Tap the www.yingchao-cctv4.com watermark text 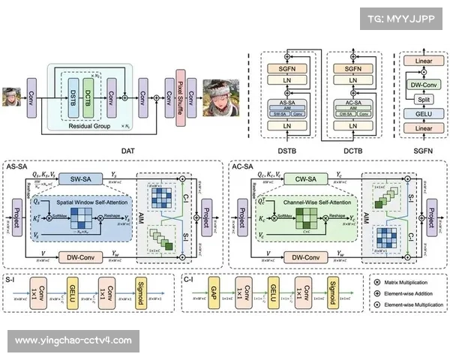pos(73,340)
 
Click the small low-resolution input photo pos(12,98)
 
